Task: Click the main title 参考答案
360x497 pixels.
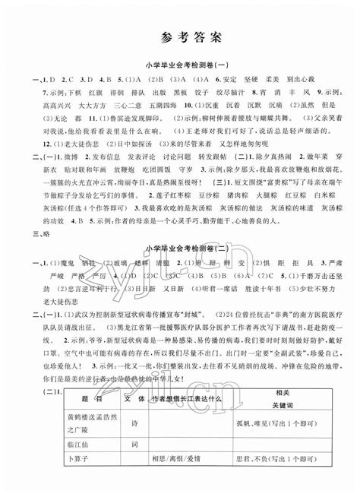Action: click(180, 36)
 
